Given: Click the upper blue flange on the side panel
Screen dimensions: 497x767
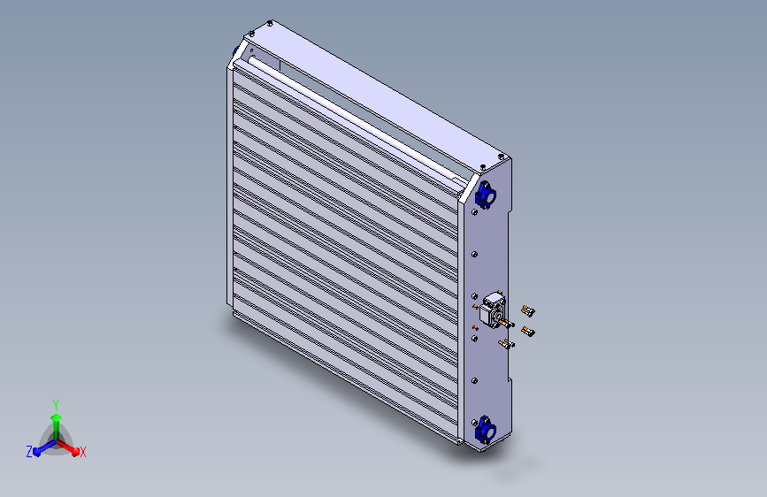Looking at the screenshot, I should pyautogui.click(x=485, y=194).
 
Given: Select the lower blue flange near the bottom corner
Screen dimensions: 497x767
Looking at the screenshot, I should pyautogui.click(x=485, y=431).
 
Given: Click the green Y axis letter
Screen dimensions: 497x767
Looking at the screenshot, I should pyautogui.click(x=55, y=402).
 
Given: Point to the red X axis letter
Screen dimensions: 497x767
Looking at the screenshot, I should pyautogui.click(x=83, y=452).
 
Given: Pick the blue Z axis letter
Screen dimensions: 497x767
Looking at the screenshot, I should pyautogui.click(x=29, y=451).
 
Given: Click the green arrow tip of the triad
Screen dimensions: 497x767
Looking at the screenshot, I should pyautogui.click(x=56, y=417).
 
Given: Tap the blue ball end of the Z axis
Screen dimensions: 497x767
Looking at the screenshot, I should pyautogui.click(x=37, y=451).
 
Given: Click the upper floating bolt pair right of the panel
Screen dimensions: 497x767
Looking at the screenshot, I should pyautogui.click(x=528, y=310).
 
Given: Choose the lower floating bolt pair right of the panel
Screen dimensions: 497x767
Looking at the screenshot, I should pyautogui.click(x=528, y=332).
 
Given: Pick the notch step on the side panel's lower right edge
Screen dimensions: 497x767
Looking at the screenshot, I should pyautogui.click(x=510, y=382).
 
